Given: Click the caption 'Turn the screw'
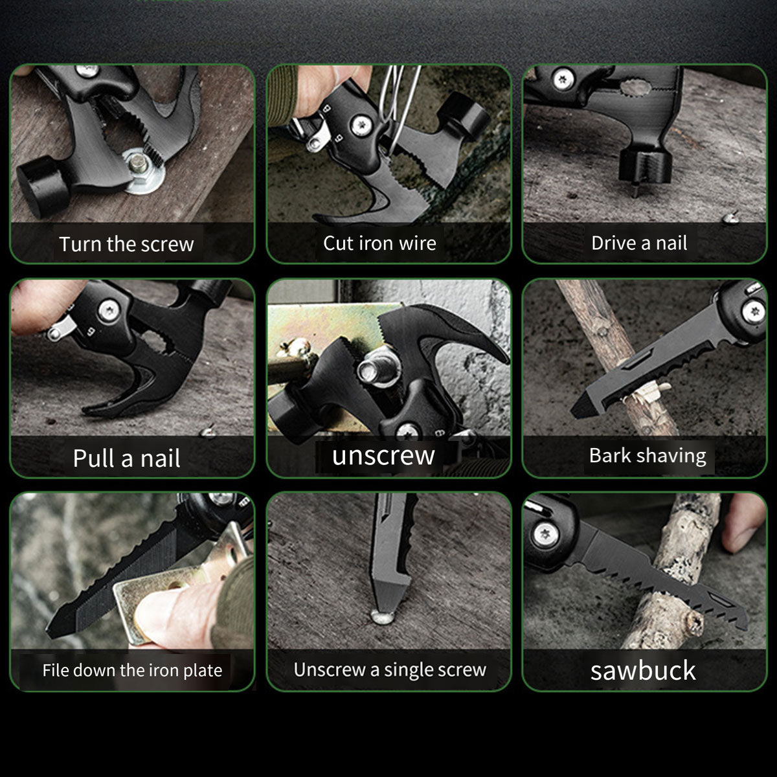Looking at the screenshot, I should tap(126, 244).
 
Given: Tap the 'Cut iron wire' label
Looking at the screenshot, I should tap(379, 243).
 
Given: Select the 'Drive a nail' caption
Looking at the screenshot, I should tap(639, 243).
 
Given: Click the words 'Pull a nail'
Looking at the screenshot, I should tap(126, 458).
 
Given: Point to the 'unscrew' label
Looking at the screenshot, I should tap(383, 456).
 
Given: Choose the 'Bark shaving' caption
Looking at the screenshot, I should tap(647, 456).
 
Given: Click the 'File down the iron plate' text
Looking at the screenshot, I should tap(132, 670).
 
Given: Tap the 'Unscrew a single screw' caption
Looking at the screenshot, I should tap(390, 670).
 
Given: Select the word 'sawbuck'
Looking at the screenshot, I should tap(643, 670).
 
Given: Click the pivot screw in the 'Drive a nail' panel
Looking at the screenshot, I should tap(561, 80).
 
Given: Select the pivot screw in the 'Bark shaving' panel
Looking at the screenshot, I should tap(753, 311).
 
